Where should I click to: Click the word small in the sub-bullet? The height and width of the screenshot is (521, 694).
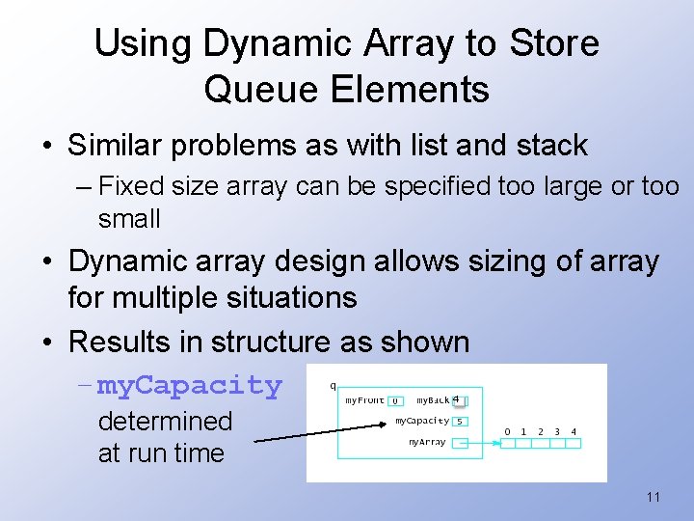pyautogui.click(x=129, y=218)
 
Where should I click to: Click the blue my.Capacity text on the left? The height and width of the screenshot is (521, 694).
pyautogui.click(x=190, y=385)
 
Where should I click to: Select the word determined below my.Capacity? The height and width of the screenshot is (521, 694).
pyautogui.click(x=165, y=422)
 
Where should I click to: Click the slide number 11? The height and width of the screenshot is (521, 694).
pyautogui.click(x=654, y=497)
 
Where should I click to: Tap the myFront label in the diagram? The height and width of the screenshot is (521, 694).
pyautogui.click(x=364, y=399)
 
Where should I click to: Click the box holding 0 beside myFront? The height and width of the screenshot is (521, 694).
pyautogui.click(x=395, y=400)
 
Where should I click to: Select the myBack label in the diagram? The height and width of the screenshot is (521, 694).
pyautogui.click(x=433, y=399)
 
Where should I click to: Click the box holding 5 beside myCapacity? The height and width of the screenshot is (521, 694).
pyautogui.click(x=460, y=422)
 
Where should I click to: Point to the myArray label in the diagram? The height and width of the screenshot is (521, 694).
pyautogui.click(x=426, y=442)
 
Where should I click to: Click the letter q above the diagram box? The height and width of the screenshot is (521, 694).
pyautogui.click(x=333, y=385)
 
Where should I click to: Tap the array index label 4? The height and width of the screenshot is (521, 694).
pyautogui.click(x=574, y=431)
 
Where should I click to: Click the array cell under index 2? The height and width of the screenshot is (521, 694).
pyautogui.click(x=540, y=444)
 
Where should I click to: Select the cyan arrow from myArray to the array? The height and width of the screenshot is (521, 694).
pyautogui.click(x=482, y=444)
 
